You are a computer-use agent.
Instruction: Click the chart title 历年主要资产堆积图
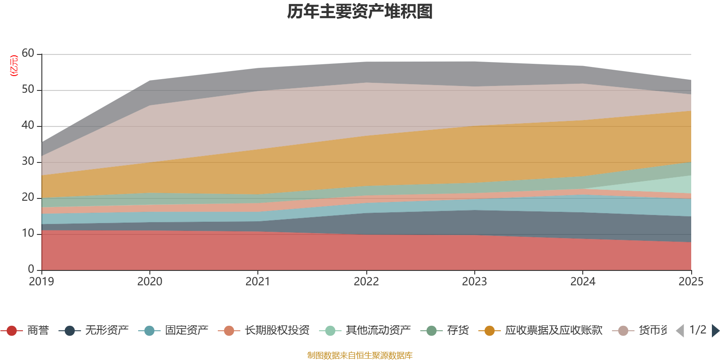pos(360,12)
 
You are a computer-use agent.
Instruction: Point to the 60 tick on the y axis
pos(28,54)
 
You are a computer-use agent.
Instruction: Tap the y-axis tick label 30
pos(28,162)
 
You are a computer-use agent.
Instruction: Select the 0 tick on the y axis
pos(31,269)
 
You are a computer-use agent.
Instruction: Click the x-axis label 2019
pos(41,282)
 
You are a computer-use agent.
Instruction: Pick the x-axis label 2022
pos(366,282)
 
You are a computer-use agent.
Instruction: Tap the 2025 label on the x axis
pos(691,282)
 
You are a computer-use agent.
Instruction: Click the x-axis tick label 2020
pos(149,282)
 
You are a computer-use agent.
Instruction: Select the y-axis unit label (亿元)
pos(14,66)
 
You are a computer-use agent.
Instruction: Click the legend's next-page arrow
pos(715,331)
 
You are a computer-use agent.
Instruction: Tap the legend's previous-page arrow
pos(680,331)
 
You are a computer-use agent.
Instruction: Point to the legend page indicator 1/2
pos(697,330)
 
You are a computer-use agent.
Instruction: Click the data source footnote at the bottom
pos(360,355)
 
